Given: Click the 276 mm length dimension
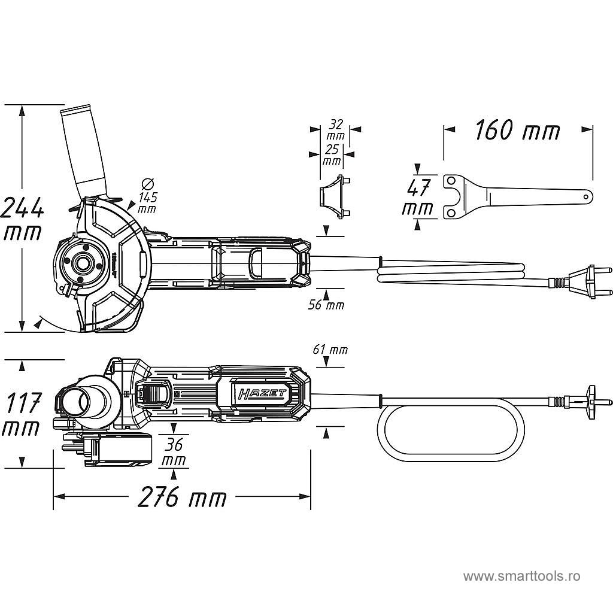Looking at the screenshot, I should coord(182,497).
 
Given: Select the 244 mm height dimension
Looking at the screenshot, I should coord(22,219).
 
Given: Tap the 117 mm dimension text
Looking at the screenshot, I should coord(22,414).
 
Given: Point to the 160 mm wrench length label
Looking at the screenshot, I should coord(517,131).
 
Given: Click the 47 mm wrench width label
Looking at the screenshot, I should coord(418,198).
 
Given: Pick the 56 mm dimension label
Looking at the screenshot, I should coord(326,305).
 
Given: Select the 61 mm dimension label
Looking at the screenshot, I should coord(330,350).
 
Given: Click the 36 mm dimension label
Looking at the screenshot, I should coord(174,453).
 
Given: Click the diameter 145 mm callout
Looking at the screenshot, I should coord(147,196).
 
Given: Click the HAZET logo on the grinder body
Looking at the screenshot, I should coord(263,393).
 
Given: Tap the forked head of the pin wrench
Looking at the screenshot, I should coord(455,196).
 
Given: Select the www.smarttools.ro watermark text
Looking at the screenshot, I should coord(521,576).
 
